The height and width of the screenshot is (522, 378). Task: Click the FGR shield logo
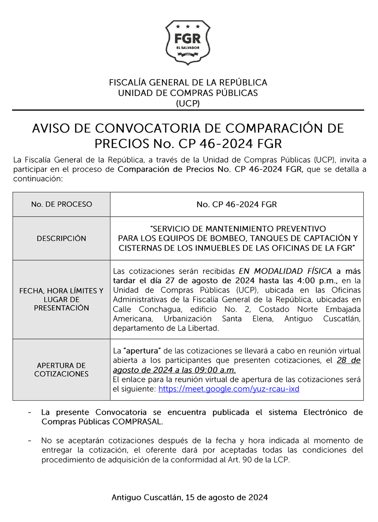click(x=188, y=43)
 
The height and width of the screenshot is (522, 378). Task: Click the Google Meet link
click(x=229, y=389)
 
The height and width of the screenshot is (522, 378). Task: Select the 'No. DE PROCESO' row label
click(x=61, y=204)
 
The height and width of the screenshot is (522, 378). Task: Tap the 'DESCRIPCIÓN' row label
click(x=61, y=238)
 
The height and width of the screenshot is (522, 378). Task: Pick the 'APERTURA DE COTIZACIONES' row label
click(x=61, y=369)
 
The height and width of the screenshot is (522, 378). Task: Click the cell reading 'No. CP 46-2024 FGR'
click(x=236, y=204)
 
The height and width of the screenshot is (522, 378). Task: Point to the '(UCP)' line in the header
click(x=188, y=104)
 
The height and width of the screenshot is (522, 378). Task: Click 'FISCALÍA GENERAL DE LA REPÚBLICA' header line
click(x=188, y=82)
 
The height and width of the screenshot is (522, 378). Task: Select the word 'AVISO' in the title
click(x=51, y=128)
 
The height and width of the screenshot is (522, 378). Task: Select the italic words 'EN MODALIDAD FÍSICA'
click(x=285, y=271)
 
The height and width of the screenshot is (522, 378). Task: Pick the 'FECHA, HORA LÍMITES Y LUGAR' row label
click(x=61, y=299)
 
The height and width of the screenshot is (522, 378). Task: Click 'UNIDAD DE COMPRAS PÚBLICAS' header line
click(x=188, y=93)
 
